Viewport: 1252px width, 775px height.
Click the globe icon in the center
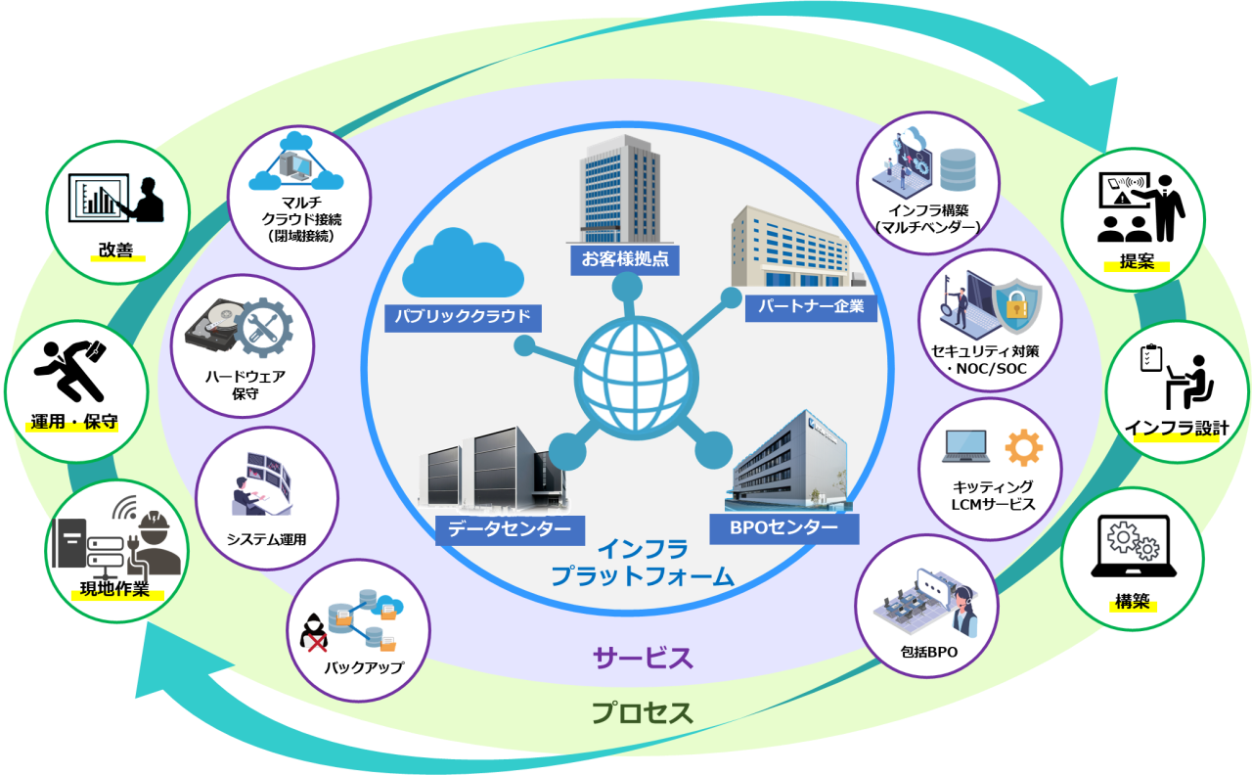click(x=626, y=374)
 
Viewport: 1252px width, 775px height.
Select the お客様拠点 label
click(x=624, y=259)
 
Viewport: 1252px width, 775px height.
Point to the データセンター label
click(x=510, y=529)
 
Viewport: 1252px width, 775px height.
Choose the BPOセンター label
click(x=783, y=528)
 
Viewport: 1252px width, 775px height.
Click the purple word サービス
click(x=643, y=658)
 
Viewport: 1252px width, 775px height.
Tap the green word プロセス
click(x=643, y=712)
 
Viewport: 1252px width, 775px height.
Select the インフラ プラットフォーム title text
click(x=642, y=563)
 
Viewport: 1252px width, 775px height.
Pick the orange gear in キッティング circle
click(x=1023, y=448)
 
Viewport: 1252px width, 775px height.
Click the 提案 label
click(x=1137, y=261)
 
